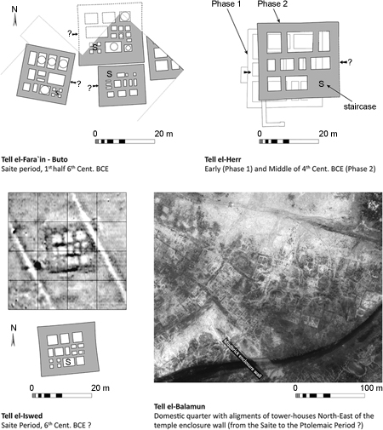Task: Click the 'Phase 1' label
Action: tap(222, 6)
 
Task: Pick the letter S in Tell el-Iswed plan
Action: tap(67, 363)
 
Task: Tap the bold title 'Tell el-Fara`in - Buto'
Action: tap(52, 159)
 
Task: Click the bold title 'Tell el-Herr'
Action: tap(228, 159)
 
